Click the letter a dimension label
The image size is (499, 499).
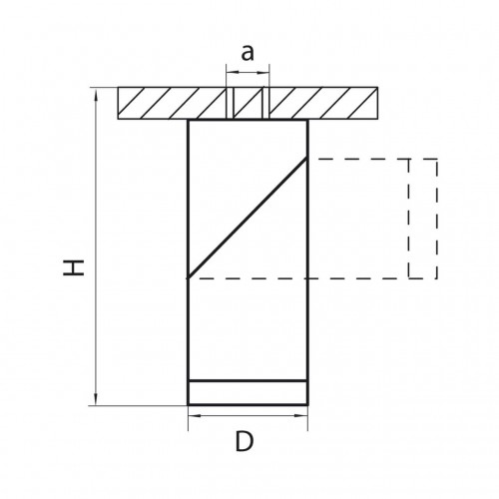pyautogui.click(x=248, y=53)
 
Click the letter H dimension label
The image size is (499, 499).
pyautogui.click(x=74, y=268)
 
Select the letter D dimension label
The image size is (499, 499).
pyautogui.click(x=245, y=441)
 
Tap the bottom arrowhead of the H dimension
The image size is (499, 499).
pyautogui.click(x=97, y=399)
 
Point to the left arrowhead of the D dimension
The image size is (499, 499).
pyautogui.click(x=195, y=415)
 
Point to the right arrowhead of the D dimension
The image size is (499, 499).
pyautogui.click(x=301, y=415)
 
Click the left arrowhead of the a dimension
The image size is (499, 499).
pyautogui.click(x=233, y=72)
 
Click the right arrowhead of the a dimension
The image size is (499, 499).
pyautogui.click(x=263, y=72)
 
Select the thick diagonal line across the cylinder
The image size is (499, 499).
pyautogui.click(x=248, y=218)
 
